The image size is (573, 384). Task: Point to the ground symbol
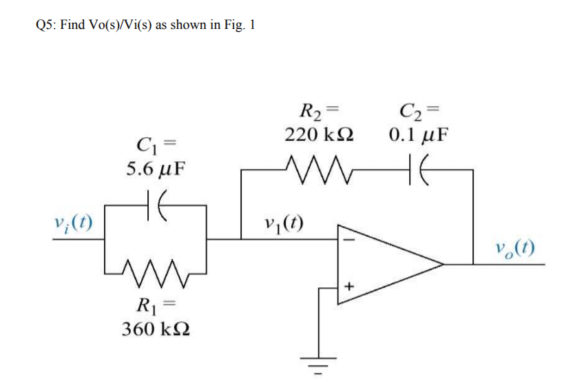pos(318,364)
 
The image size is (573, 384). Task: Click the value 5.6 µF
pos(156,168)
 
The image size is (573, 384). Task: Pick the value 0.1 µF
pos(418,133)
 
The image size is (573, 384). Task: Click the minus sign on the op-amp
pos(348,241)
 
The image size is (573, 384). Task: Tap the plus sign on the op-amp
pos(348,284)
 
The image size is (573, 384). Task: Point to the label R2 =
pos(319,110)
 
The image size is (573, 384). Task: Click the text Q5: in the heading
pos(45,26)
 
